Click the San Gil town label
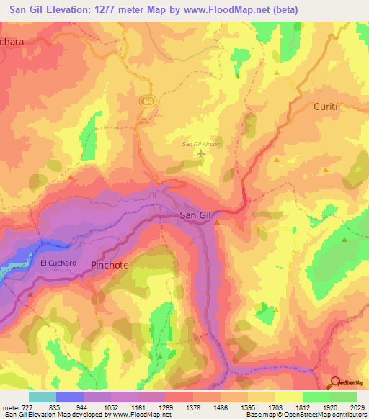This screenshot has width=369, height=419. coord(195,215)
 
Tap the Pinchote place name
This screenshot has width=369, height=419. coord(110,265)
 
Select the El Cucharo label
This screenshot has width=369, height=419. coord(58,263)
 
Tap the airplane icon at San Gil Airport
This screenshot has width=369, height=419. coord(201,152)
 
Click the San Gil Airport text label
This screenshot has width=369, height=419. coord(200,143)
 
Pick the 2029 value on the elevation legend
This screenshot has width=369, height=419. coord(357,407)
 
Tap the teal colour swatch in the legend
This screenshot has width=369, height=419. coord(43,397)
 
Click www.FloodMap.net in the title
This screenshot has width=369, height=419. coord(229,9)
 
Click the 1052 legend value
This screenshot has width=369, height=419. coord(112,407)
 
